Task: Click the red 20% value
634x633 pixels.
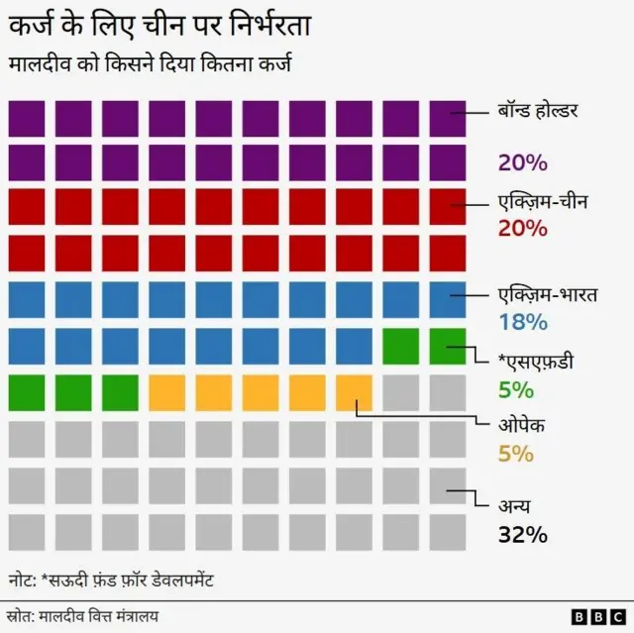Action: (x=522, y=228)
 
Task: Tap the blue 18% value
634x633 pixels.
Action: (x=522, y=321)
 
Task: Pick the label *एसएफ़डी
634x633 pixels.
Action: (x=537, y=362)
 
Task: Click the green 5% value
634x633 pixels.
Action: (x=515, y=389)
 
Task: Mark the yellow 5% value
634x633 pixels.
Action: (x=515, y=454)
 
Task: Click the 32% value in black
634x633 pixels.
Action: (x=522, y=535)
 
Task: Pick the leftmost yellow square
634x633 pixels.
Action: (x=166, y=392)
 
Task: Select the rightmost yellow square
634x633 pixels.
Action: (x=355, y=392)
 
